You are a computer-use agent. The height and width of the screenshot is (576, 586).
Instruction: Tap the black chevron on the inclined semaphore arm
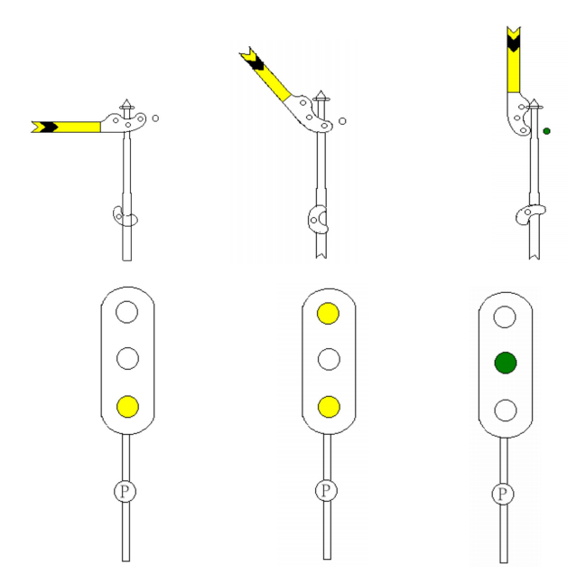pyautogui.click(x=254, y=61)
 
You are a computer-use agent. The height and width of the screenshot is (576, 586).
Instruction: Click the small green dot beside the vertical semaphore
pyautogui.click(x=547, y=131)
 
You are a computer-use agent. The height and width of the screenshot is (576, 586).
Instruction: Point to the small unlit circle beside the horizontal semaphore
pyautogui.click(x=155, y=118)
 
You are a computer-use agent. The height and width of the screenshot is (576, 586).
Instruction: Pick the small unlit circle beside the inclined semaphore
pyautogui.click(x=342, y=120)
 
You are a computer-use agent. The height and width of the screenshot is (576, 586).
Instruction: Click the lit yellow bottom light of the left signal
pyautogui.click(x=127, y=406)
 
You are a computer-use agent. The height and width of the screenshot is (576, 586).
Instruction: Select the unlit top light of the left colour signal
pyautogui.click(x=127, y=313)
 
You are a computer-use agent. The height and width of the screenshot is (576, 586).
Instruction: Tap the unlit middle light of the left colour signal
pyautogui.click(x=127, y=359)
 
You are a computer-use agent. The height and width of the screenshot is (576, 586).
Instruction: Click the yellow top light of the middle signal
pyautogui.click(x=329, y=314)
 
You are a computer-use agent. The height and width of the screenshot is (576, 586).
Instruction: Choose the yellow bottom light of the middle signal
pyautogui.click(x=329, y=407)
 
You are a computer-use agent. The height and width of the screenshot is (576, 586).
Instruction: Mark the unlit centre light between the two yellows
pyautogui.click(x=329, y=360)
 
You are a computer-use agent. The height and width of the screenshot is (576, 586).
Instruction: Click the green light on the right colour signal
pyautogui.click(x=505, y=363)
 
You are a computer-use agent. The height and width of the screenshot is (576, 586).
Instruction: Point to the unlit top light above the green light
pyautogui.click(x=505, y=316)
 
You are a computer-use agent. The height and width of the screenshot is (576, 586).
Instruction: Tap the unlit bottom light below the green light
pyautogui.click(x=505, y=410)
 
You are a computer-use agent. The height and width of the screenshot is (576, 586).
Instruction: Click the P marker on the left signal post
pyautogui.click(x=125, y=491)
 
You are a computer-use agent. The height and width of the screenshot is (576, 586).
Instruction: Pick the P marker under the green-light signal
pyautogui.click(x=503, y=494)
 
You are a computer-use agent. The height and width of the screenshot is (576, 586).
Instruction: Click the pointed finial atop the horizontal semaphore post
pyautogui.click(x=127, y=104)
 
